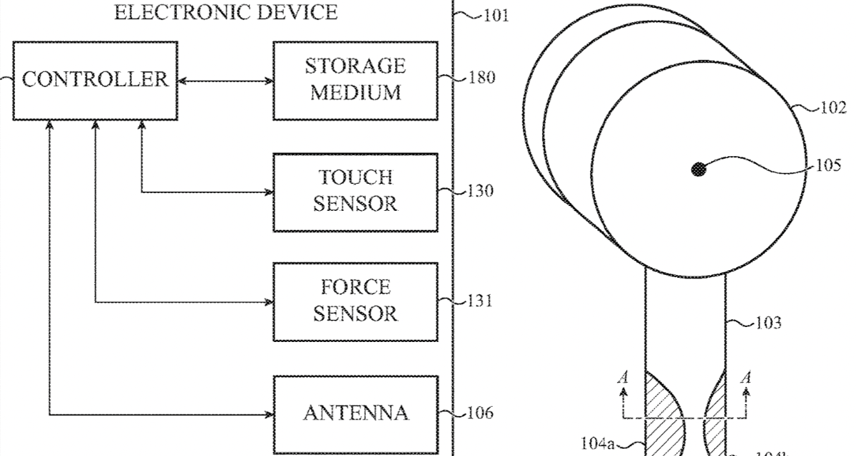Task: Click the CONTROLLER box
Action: (x=95, y=79)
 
